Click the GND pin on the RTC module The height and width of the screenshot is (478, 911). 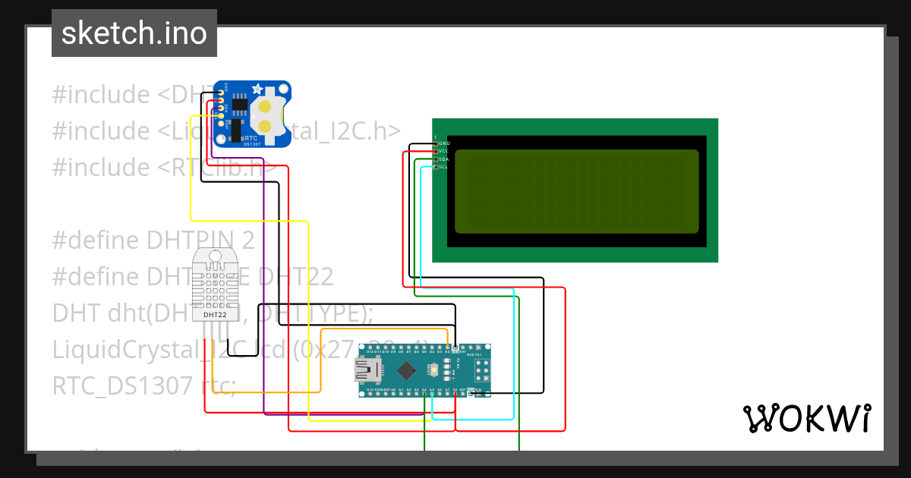pyautogui.click(x=221, y=93)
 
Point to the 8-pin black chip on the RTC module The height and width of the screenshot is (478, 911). pyautogui.click(x=240, y=105)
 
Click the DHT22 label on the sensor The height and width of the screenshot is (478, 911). pyautogui.click(x=215, y=314)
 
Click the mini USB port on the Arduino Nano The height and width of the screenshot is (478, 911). pyautogui.click(x=369, y=370)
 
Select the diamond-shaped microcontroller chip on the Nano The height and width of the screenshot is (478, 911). pyautogui.click(x=406, y=370)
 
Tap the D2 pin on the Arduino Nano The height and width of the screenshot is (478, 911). pyautogui.click(x=447, y=347)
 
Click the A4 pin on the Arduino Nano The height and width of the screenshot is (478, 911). pyautogui.click(x=424, y=394)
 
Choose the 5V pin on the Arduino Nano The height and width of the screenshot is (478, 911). pyautogui.click(x=455, y=394)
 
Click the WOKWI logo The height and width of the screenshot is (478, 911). pyautogui.click(x=806, y=418)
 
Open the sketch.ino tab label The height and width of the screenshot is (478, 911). pyautogui.click(x=134, y=33)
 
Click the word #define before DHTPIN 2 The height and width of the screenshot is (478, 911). pyautogui.click(x=94, y=241)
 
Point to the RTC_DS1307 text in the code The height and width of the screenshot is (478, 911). pyautogui.click(x=122, y=385)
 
